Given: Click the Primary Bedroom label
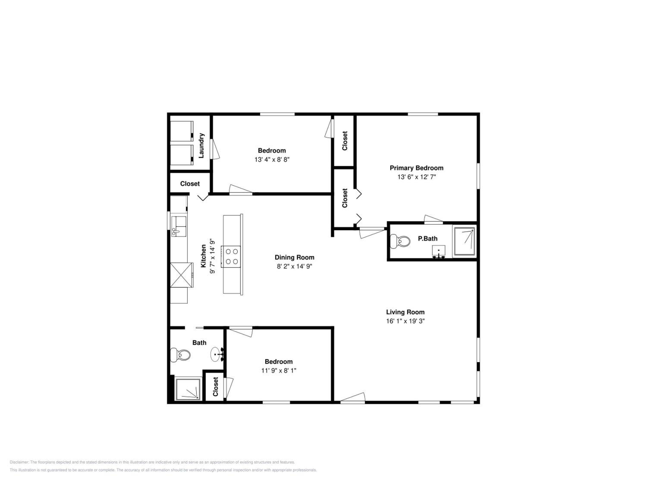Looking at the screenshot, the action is click(416, 168).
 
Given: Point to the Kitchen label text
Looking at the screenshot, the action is click(203, 256).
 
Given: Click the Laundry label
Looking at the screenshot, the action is click(201, 145).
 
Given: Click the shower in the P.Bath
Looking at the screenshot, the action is click(464, 241).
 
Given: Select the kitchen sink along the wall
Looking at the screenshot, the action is click(179, 226).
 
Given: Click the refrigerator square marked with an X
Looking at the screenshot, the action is click(182, 275).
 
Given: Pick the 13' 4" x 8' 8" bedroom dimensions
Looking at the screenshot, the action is click(272, 160).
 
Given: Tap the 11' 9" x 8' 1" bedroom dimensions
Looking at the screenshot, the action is click(279, 371).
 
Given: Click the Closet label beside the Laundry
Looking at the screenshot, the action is click(190, 184).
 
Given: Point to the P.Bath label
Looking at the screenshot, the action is click(428, 239).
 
